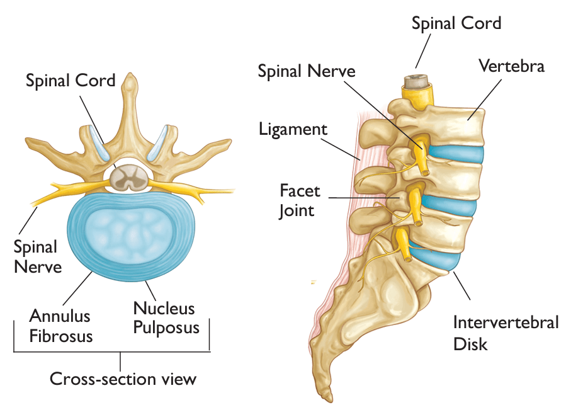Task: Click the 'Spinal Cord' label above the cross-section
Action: click(71, 81)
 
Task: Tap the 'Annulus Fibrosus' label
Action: click(60, 325)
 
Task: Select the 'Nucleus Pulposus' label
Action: click(166, 318)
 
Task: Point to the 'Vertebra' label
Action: click(511, 65)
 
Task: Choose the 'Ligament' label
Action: click(293, 130)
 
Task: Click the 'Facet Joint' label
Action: click(300, 200)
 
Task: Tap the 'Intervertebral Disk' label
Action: click(506, 333)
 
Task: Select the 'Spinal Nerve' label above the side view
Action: click(307, 71)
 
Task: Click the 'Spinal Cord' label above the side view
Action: click(456, 24)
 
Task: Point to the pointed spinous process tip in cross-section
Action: click(129, 78)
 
